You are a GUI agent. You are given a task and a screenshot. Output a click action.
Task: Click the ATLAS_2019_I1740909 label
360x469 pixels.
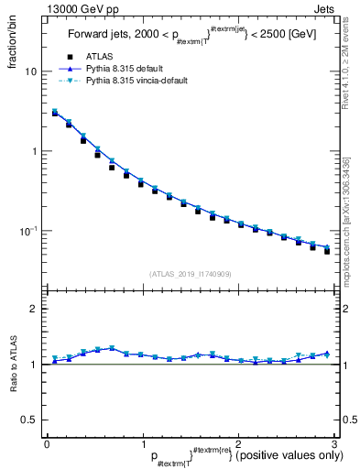pyautogui.click(x=191, y=274)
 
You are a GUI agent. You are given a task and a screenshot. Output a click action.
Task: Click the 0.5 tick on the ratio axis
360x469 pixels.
pyautogui.click(x=29, y=420)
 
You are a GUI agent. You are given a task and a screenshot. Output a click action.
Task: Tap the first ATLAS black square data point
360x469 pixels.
pyautogui.click(x=54, y=114)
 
